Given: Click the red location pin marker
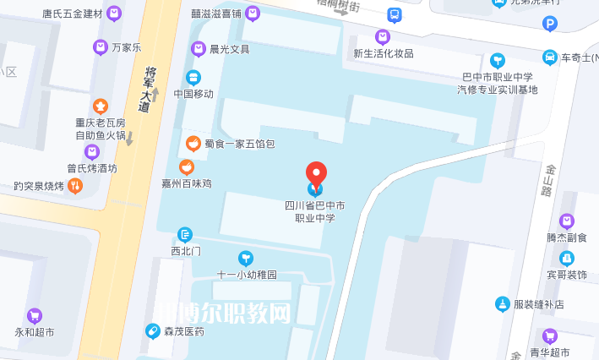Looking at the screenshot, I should click(316, 175).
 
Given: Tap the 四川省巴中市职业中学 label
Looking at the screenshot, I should click(314, 211).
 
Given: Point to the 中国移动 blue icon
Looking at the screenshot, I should click(193, 78).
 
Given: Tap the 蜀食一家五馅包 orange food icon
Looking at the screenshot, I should click(193, 144).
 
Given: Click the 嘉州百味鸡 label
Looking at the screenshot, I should click(187, 183).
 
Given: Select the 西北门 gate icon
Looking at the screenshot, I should click(186, 234).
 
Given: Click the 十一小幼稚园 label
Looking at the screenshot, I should click(247, 275).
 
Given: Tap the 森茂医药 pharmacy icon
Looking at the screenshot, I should click(153, 331).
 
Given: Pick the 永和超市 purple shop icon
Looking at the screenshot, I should click(35, 315).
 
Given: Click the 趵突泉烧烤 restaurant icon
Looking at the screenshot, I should click(75, 186).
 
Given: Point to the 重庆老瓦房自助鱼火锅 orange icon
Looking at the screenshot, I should click(101, 106).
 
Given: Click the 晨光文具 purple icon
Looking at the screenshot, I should click(199, 49).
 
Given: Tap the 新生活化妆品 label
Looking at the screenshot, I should click(383, 53).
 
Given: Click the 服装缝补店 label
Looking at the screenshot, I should click(538, 304).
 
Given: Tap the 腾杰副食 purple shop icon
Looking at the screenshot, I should click(567, 221).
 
